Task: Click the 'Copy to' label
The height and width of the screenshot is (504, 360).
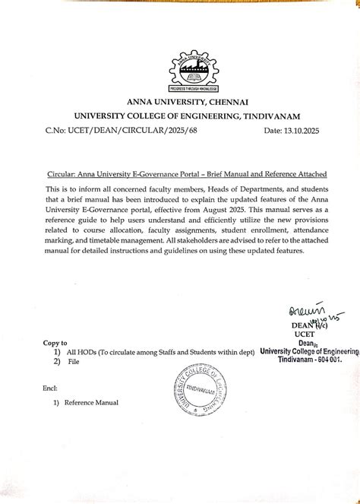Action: [56, 343]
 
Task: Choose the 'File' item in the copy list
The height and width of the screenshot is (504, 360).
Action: [73, 363]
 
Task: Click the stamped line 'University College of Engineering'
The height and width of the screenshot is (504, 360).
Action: [308, 351]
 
